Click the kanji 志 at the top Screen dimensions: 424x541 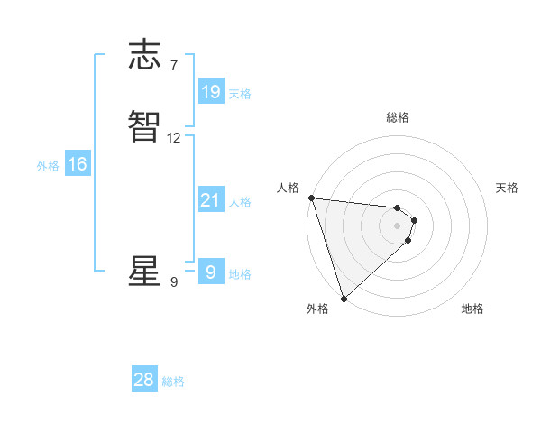(144, 55)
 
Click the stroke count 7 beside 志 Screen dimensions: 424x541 (173, 66)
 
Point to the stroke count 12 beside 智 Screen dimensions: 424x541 (174, 139)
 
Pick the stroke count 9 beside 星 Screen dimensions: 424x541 (173, 282)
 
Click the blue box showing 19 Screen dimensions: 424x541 (210, 92)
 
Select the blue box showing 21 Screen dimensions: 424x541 (210, 200)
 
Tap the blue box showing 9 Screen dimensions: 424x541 (210, 272)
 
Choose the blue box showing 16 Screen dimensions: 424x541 (78, 164)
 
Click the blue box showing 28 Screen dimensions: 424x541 (144, 380)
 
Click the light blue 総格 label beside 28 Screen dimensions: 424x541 (174, 383)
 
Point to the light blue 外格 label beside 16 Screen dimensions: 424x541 (48, 166)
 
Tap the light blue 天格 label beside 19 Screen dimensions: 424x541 (240, 94)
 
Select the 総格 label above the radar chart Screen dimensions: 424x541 (398, 117)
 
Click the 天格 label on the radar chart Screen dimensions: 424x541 (508, 188)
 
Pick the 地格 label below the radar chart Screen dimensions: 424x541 (472, 309)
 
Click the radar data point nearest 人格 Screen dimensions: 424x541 (311, 198)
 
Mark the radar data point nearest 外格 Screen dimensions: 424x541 (344, 298)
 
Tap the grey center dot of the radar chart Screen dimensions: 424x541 (398, 225)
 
